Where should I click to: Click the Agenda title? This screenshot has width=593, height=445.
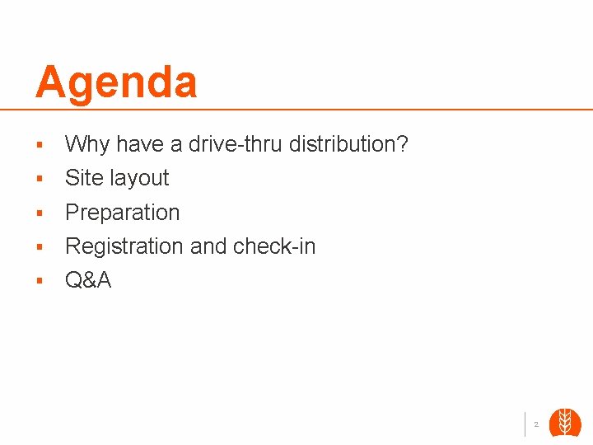[x=116, y=82]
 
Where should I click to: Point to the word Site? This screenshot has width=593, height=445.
[x=84, y=178]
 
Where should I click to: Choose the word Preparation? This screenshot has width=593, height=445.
[x=122, y=213]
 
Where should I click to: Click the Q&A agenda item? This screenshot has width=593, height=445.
[x=88, y=280]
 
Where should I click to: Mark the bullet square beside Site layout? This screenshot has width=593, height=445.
[x=39, y=179]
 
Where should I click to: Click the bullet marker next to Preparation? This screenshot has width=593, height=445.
[x=39, y=213]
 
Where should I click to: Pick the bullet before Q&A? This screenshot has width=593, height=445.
[x=39, y=281]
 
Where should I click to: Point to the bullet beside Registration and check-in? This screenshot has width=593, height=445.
[x=39, y=247]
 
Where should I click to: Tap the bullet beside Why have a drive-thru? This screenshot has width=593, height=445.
[x=39, y=145]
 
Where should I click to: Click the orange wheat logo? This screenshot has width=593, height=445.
[x=565, y=423]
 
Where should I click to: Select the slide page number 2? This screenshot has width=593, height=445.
[x=536, y=424]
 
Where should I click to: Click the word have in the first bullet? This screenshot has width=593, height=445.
[x=140, y=144]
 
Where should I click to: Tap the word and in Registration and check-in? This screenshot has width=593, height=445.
[x=208, y=246]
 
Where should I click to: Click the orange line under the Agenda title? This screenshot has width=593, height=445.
[x=296, y=109]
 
